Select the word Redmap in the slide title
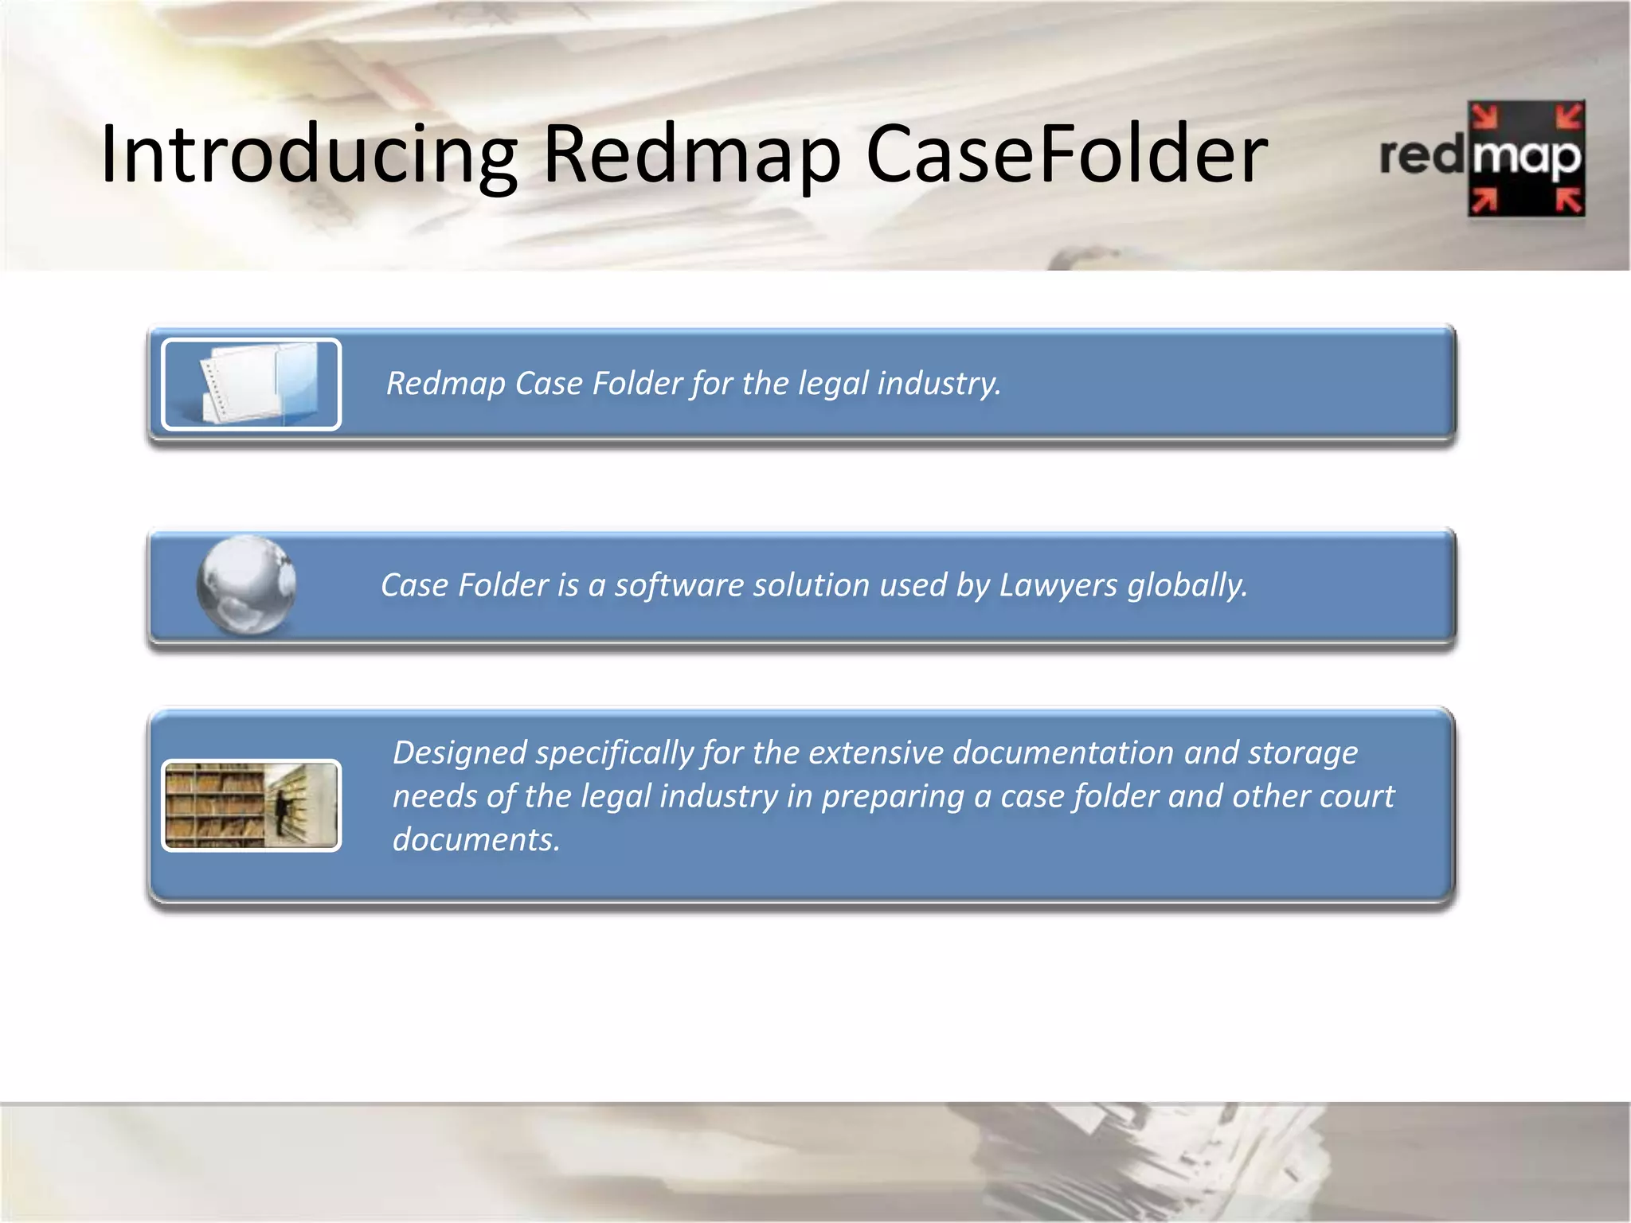691,154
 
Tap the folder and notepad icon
252,385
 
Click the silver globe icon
247,586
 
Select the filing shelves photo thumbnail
252,806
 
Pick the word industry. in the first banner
940,384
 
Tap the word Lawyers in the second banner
1058,586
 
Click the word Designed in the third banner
460,753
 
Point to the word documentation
1063,753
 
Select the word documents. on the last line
476,841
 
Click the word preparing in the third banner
893,797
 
